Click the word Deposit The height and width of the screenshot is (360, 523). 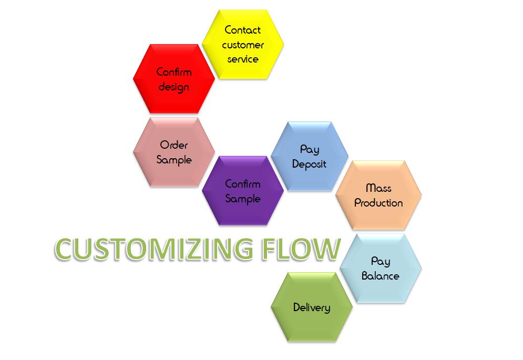point(309,164)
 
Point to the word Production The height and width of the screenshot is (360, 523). point(378,203)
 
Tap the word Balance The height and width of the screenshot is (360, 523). point(380,276)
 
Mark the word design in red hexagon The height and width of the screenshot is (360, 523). point(173,87)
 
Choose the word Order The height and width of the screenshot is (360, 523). point(174,145)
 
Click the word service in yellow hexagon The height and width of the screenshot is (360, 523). point(243,59)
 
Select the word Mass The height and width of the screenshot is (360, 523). point(378,188)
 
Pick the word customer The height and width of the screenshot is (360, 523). point(243,45)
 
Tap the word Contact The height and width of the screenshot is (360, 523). point(243,30)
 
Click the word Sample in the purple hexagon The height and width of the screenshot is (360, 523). point(243,199)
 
